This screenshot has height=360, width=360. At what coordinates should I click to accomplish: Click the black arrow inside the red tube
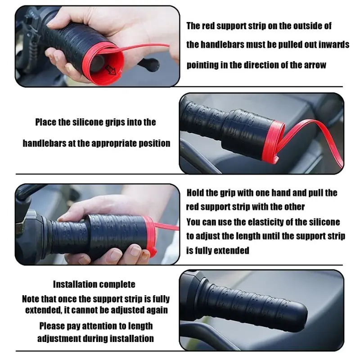[x=111, y=70]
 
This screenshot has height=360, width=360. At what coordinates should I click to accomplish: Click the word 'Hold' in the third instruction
[x=195, y=193]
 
